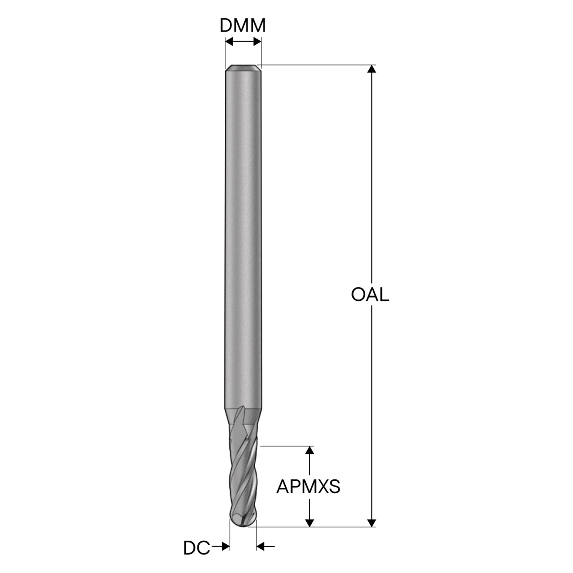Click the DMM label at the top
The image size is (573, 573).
point(242,26)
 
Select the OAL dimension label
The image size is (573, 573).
point(370,295)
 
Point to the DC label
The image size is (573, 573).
point(197,548)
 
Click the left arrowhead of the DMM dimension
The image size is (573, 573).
point(229,42)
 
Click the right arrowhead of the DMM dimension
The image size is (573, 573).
point(257,42)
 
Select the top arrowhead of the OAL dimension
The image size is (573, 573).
point(372,68)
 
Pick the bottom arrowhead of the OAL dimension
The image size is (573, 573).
point(372,531)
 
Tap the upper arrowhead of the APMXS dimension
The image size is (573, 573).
point(310,458)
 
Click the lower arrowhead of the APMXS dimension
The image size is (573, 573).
point(310,531)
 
